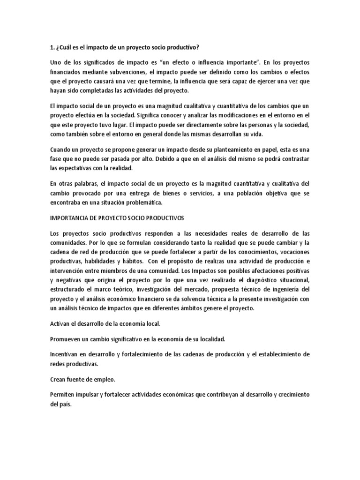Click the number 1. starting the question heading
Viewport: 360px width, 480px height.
52,47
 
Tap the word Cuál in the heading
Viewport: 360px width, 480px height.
66,47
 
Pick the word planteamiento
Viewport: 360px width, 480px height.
222,149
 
